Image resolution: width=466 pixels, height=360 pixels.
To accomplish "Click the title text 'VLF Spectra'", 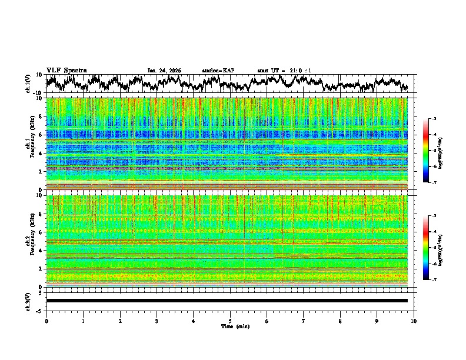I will coord(66,70).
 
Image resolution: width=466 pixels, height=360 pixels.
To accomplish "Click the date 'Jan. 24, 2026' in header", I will coord(164,71).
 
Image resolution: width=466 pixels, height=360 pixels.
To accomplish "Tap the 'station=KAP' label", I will coord(218,71).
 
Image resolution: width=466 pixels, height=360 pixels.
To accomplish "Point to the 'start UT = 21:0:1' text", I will coord(284,71).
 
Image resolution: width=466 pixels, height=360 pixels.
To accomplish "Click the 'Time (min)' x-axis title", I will coord(230,326).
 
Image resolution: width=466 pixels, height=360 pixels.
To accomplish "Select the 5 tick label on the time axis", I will coord(230,321).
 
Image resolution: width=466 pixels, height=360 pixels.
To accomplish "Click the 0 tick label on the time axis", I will coord(46,321).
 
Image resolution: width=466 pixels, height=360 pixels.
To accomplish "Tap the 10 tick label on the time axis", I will coord(414,321).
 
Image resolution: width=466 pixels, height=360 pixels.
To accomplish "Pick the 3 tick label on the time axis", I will coord(157,321).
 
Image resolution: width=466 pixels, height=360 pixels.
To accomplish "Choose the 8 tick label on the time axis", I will coord(340,321).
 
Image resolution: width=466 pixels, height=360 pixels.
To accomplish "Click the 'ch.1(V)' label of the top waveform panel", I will coord(28,84).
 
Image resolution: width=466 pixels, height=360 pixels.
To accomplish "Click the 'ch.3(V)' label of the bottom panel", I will coord(28,300).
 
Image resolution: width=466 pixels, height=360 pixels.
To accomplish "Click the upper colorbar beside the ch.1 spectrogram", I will coord(426,151).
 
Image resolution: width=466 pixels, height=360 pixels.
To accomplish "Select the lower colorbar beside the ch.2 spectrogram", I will coord(426,248).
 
